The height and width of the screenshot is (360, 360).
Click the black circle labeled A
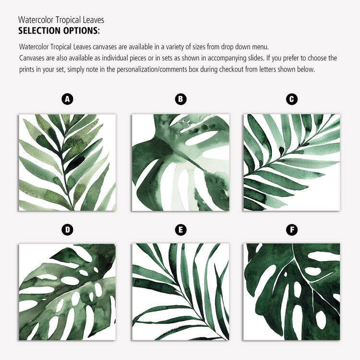67,99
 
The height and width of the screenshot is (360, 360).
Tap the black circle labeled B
180,99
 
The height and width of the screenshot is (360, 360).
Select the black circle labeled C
291,99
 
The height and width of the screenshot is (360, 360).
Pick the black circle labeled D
67,230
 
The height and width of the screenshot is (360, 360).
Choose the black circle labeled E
180,230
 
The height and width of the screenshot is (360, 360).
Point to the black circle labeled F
291,230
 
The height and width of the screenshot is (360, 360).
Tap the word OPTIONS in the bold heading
81,31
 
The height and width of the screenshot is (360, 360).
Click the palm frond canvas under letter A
67,163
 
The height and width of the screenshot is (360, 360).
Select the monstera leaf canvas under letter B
180,163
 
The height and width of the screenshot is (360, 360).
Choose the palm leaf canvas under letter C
292,163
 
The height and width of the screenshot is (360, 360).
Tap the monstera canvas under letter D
67,292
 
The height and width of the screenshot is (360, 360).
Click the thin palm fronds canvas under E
180,292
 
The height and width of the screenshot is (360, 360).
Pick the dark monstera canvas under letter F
292,292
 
